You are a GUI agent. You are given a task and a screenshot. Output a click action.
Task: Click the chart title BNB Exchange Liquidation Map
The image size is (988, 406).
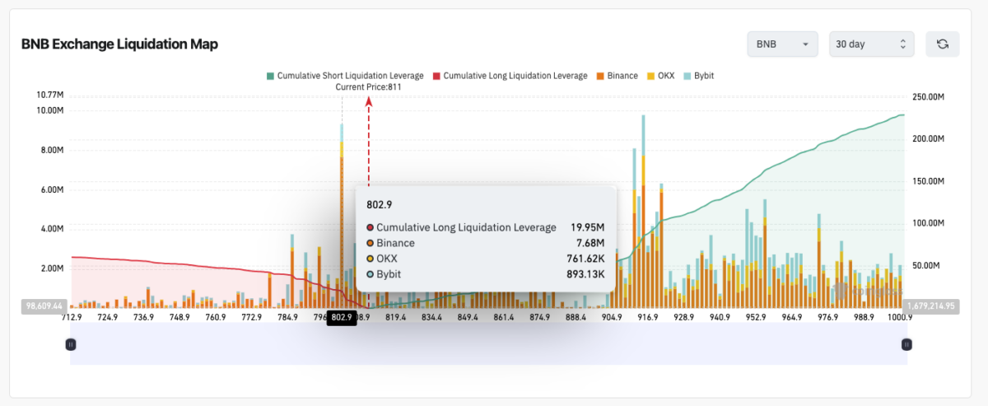(x=119, y=44)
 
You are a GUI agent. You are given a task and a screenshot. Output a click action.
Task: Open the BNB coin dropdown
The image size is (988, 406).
(x=781, y=44)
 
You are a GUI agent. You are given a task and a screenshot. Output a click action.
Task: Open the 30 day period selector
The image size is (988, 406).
(x=871, y=44)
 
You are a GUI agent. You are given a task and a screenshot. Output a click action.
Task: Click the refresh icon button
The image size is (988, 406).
(x=942, y=44)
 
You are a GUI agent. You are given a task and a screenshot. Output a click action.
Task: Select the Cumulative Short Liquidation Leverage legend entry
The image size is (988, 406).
(x=345, y=76)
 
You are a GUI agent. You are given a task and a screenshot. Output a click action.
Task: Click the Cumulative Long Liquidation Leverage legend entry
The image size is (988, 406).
(x=510, y=76)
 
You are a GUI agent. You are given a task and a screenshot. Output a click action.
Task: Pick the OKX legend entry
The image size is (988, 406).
(x=660, y=76)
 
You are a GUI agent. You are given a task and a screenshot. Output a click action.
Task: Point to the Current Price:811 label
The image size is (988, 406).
(x=368, y=86)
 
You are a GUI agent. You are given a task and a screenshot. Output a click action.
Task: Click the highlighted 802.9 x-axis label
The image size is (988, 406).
(x=342, y=317)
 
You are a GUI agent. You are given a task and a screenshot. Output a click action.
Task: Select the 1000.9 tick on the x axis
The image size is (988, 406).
(x=900, y=317)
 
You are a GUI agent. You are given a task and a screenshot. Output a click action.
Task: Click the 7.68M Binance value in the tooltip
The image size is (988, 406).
(x=590, y=243)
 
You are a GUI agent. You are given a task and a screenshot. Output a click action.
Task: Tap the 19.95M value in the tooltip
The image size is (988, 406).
(x=588, y=227)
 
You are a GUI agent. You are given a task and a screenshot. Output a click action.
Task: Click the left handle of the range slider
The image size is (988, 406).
(x=71, y=344)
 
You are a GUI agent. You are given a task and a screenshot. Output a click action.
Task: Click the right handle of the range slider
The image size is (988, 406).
(x=906, y=344)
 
